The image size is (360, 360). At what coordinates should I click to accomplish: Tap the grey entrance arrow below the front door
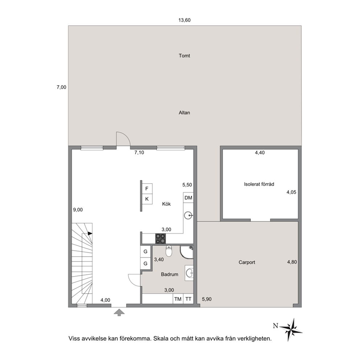119,312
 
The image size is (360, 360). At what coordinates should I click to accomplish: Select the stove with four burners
160,238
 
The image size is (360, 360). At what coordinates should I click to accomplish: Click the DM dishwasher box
188,198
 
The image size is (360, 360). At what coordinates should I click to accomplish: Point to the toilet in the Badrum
169,251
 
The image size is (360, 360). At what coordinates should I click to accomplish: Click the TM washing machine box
178,299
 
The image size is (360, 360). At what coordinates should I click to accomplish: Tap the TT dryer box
188,299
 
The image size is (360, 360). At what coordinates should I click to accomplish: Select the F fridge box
147,188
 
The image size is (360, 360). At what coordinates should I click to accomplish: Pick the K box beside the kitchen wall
147,199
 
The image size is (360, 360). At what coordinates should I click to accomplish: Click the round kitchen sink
188,215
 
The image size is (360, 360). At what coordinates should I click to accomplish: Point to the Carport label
247,262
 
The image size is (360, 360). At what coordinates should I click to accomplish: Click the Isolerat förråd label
259,184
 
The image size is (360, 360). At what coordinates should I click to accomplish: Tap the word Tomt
184,56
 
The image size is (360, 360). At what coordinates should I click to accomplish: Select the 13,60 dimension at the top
185,20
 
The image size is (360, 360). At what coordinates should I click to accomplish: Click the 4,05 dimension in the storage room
291,192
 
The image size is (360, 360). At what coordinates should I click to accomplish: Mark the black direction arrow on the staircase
90,233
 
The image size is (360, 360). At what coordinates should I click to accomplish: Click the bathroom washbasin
189,273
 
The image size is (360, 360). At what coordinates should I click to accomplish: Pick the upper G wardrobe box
145,251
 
